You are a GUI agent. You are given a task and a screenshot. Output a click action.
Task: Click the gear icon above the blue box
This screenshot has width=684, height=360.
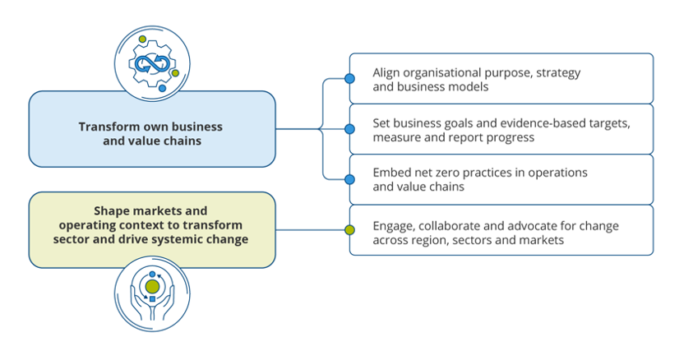coord(153,61)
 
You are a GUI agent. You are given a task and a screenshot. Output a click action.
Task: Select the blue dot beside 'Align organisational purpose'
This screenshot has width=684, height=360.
coord(349,79)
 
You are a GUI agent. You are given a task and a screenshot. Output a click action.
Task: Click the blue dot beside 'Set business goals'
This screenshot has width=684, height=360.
coord(349,129)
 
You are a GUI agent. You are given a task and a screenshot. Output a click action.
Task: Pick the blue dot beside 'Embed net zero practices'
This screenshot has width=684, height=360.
coord(349,179)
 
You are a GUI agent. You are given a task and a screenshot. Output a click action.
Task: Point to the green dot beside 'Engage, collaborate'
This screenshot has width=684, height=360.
coord(349,230)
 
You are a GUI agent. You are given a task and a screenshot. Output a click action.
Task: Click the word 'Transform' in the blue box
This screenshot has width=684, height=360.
coord(109,127)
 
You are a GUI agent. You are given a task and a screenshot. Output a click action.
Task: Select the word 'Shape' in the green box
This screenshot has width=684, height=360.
coord(113,211)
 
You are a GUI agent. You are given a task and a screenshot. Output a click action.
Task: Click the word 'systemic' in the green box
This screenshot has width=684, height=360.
coord(183,239)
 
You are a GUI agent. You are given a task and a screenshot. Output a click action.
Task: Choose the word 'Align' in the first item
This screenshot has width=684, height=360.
coord(386,72)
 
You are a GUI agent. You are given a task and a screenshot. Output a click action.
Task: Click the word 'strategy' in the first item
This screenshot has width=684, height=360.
coord(560,72)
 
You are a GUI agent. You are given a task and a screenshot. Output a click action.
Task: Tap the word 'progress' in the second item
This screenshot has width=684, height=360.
coord(510,137)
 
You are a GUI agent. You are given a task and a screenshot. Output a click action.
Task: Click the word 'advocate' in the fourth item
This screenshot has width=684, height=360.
coord(528,226)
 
